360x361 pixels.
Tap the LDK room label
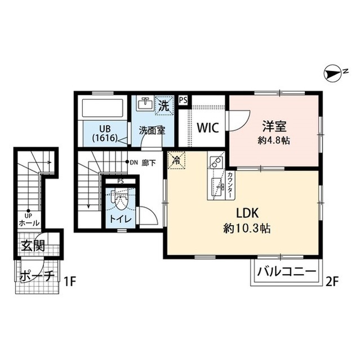coord(248,214)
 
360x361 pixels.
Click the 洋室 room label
coord(274,126)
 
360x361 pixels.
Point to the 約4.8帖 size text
coord(275,140)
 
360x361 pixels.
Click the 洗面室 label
coord(152,129)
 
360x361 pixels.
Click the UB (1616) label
coord(105,133)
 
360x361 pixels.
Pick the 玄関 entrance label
coord(32,246)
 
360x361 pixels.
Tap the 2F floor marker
coord(333,278)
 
